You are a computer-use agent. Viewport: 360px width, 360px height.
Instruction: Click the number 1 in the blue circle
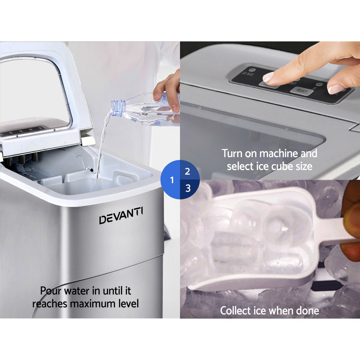(x=172, y=180)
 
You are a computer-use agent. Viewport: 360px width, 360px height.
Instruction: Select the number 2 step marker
(x=187, y=171)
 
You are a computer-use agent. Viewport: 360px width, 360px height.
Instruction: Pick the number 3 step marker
(x=188, y=188)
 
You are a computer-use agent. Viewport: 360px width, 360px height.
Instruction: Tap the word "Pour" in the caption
(x=50, y=291)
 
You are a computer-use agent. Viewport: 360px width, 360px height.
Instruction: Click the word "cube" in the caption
(x=279, y=166)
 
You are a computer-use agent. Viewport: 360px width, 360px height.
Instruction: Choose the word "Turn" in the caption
(x=232, y=153)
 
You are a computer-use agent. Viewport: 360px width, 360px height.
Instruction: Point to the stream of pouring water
(x=100, y=148)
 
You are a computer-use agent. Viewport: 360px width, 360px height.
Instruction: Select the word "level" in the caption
(x=128, y=303)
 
